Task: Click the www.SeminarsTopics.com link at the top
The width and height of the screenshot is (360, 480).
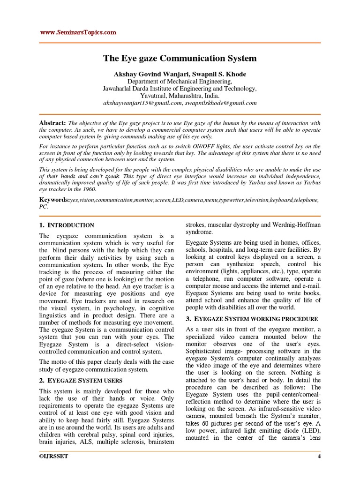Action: pyautogui.click(x=77, y=32)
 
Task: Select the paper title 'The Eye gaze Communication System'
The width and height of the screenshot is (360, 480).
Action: pyautogui.click(x=180, y=59)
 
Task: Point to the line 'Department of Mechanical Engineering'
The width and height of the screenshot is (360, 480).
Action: pyautogui.click(x=180, y=81)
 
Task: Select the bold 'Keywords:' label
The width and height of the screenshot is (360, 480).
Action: pyautogui.click(x=54, y=200)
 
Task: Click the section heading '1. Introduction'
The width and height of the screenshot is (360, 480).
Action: pyautogui.click(x=67, y=225)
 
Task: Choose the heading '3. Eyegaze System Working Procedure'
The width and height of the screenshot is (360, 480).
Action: pyautogui.click(x=253, y=319)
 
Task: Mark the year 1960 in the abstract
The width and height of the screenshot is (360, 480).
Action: pyautogui.click(x=87, y=189)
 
